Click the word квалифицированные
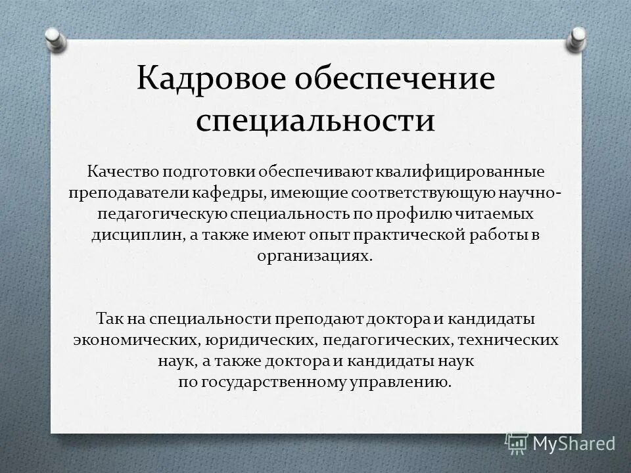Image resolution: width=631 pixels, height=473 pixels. point(460,172)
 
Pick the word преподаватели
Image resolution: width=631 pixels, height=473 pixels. point(129,193)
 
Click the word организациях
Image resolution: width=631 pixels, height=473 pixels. point(315,256)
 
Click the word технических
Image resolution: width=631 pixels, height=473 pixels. point(507,340)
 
